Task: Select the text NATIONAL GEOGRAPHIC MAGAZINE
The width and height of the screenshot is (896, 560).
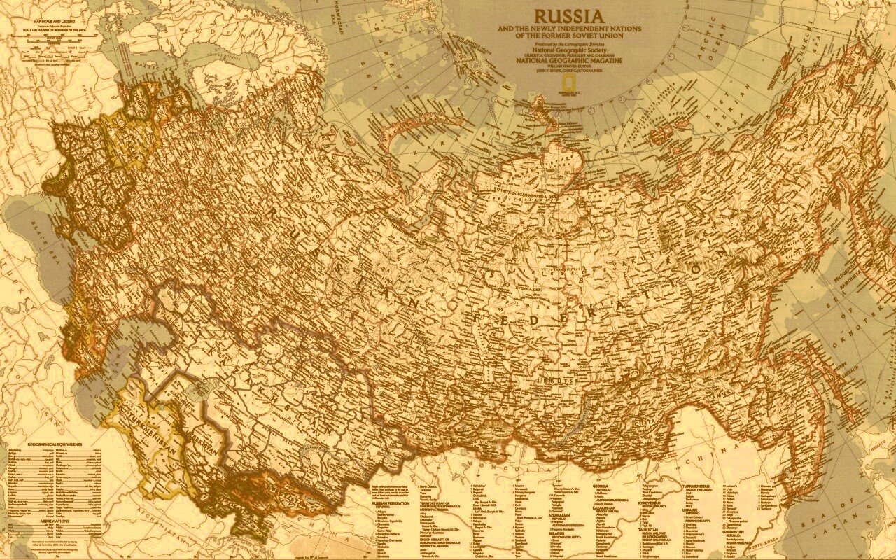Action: (x=569, y=61)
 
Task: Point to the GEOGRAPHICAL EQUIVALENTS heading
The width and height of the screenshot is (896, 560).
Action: (x=55, y=444)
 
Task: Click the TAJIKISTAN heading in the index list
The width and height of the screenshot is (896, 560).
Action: (x=647, y=529)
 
